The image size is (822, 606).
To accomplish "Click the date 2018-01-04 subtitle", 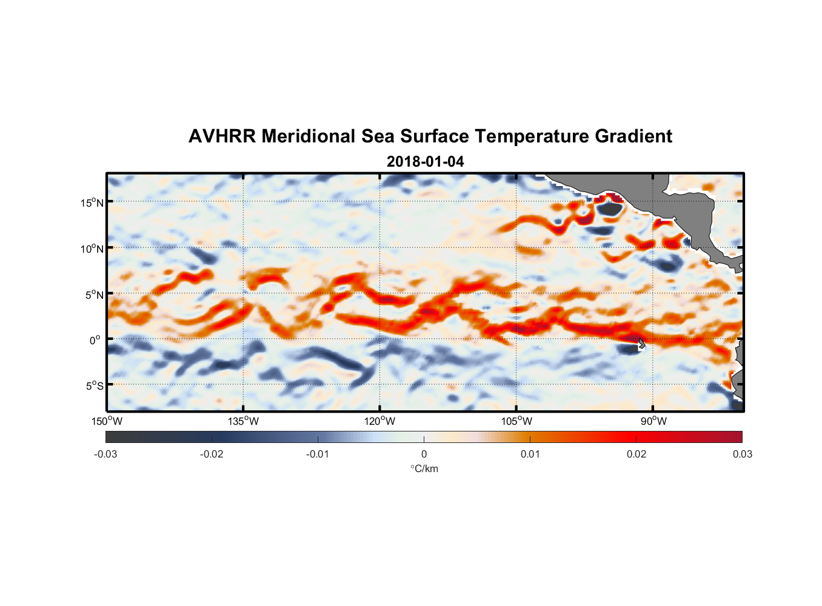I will pos(425,162).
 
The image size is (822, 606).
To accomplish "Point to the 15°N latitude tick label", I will pos(92,202).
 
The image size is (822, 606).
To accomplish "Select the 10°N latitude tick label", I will pos(92,248).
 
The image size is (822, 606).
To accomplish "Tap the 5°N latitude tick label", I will pos(93,295).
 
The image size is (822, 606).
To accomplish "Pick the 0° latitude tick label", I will pos(95,341).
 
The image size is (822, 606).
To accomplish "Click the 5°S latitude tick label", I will pos(93,386).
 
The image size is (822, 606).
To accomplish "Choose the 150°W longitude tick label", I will pos(107,421).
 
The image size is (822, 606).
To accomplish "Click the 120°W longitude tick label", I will pos(379,421).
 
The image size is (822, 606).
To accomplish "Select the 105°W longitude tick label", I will pos(516,421).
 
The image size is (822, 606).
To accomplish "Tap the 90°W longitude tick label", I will pos(653,421).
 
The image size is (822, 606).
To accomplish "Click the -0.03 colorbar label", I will pos(105,454).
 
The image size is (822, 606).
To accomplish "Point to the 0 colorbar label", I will pos(424,454).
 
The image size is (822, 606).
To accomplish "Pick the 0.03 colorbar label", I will pos(742,454).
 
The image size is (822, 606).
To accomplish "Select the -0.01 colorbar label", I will pos(318,454).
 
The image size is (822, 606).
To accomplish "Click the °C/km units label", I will pos(424,468).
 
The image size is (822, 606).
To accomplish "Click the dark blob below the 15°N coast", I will pos(609,208).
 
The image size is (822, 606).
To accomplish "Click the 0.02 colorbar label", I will pos(637,454).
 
